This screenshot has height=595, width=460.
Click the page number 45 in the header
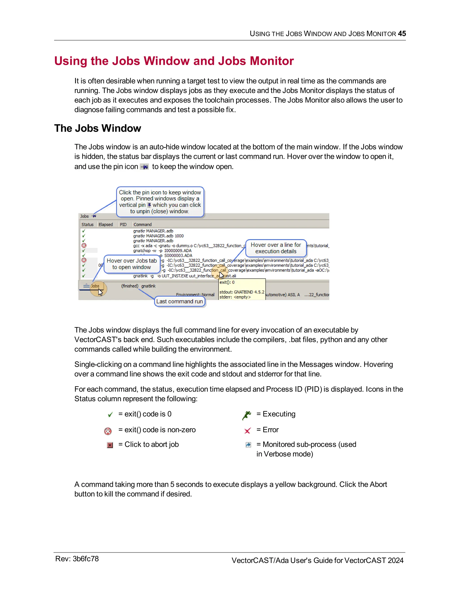402,33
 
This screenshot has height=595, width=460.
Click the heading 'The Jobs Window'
97,128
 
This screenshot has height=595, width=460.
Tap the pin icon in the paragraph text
144,167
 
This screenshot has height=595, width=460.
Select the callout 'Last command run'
180,301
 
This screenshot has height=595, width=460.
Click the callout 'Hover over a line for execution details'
276,248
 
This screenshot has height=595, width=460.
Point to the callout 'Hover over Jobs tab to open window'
132,264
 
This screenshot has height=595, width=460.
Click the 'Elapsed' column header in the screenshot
106,225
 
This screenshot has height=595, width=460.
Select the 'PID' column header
123,225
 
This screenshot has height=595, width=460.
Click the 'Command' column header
143,225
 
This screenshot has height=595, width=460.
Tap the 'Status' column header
87,225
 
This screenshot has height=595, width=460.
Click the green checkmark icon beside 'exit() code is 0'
110,415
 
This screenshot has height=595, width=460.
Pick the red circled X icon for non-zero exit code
108,431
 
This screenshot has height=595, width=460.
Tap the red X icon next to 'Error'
248,431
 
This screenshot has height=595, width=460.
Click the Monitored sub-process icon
248,445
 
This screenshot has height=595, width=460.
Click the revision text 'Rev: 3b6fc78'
77,559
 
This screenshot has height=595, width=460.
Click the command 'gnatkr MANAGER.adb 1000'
158,236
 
